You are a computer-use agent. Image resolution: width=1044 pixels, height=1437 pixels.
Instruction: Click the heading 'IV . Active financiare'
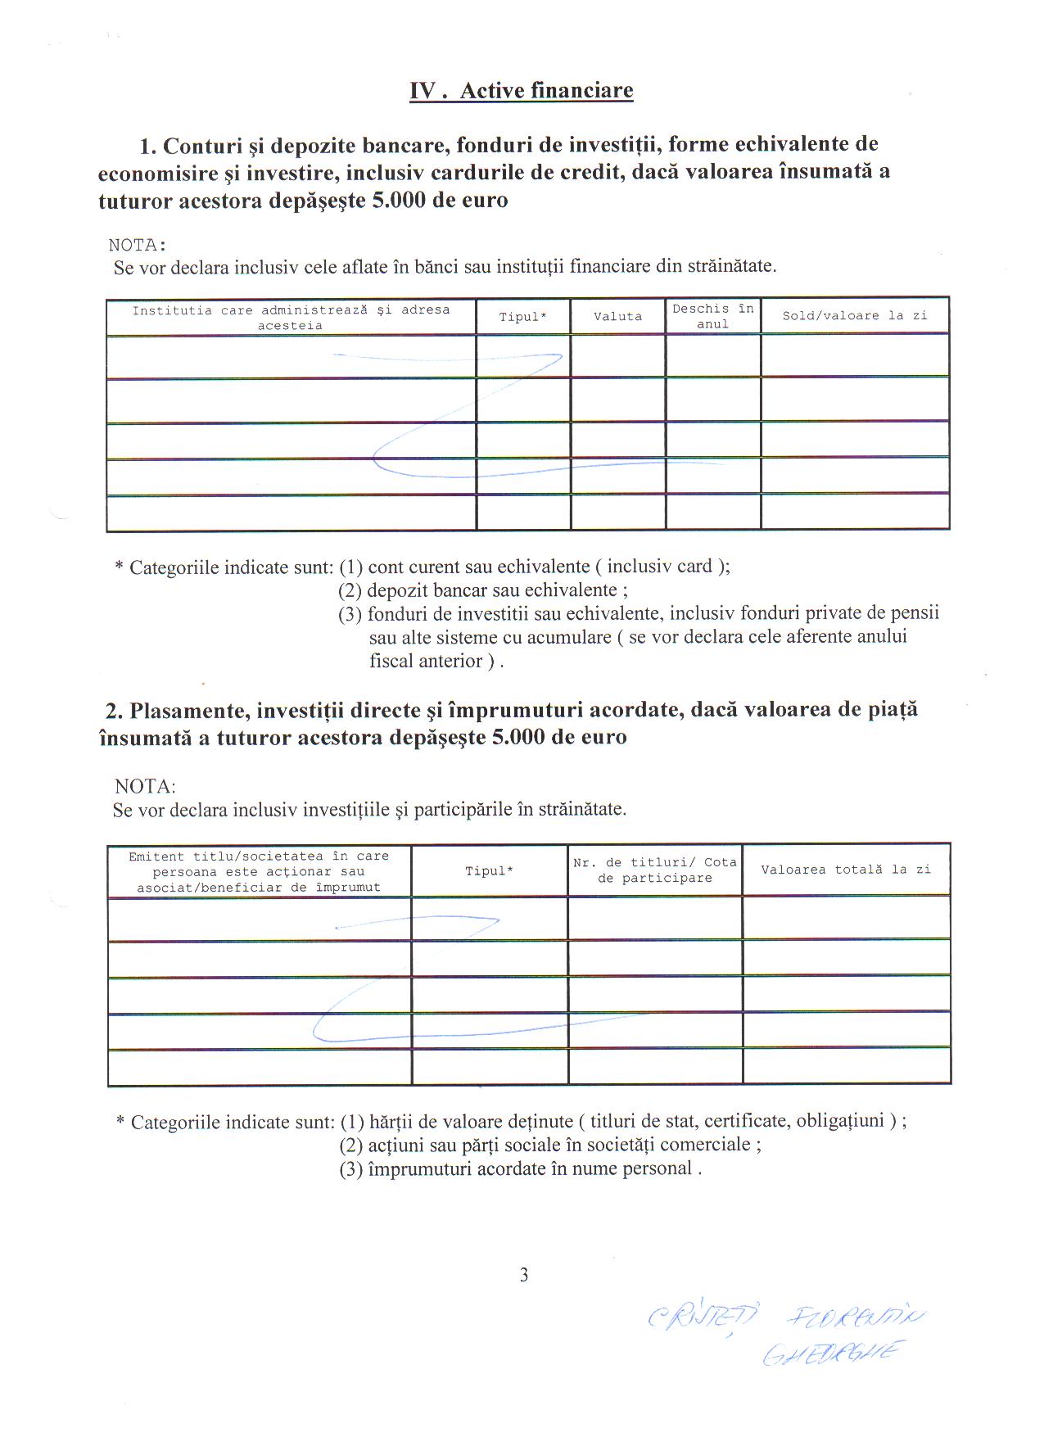[x=522, y=90]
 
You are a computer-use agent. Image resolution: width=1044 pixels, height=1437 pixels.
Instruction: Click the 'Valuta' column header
[x=617, y=316]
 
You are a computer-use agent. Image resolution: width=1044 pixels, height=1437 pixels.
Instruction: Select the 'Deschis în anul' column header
[x=712, y=316]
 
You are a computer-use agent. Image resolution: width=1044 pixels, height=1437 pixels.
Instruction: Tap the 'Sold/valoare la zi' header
[x=854, y=315]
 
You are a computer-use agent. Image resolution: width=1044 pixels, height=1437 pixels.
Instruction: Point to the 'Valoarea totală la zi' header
[x=846, y=870]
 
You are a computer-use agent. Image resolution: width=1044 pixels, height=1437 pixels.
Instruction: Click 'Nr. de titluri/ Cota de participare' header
[x=655, y=870]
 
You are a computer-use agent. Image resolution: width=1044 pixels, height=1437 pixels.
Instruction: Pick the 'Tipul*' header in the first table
[x=522, y=317]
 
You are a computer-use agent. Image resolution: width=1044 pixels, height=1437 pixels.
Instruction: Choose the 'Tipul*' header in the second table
[x=489, y=871]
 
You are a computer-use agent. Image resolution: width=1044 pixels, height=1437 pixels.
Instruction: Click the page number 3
[x=524, y=1275]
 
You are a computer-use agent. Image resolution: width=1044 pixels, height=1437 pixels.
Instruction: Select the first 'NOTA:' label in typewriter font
[x=138, y=245]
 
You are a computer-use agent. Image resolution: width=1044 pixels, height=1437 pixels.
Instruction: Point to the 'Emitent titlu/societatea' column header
[x=258, y=871]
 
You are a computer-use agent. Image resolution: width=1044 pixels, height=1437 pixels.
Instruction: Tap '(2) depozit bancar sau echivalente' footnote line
[x=483, y=590]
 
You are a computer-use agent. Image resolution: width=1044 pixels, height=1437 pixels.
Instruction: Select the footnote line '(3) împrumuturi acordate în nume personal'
[x=521, y=1168]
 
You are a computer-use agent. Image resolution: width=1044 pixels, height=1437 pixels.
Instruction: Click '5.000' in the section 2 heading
[x=517, y=737]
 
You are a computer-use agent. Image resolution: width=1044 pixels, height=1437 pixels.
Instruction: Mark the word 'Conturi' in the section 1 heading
[x=202, y=146]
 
